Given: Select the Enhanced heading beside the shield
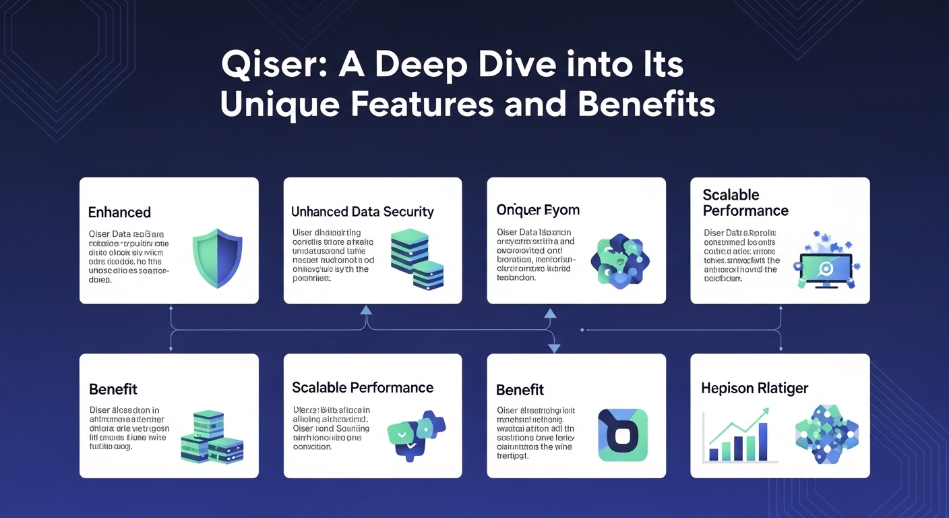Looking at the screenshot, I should (x=119, y=212).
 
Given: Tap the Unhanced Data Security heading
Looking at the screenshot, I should (x=362, y=212).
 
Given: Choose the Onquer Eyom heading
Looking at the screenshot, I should (x=537, y=210).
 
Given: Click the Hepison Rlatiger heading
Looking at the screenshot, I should (x=754, y=388).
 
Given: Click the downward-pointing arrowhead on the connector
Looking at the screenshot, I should (x=554, y=348).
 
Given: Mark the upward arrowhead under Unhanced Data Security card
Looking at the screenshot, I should (x=366, y=310).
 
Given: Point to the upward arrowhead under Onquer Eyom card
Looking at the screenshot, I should (x=550, y=313).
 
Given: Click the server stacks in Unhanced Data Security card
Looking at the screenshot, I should (x=417, y=260).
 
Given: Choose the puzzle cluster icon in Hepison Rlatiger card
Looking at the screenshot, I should (x=826, y=434).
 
